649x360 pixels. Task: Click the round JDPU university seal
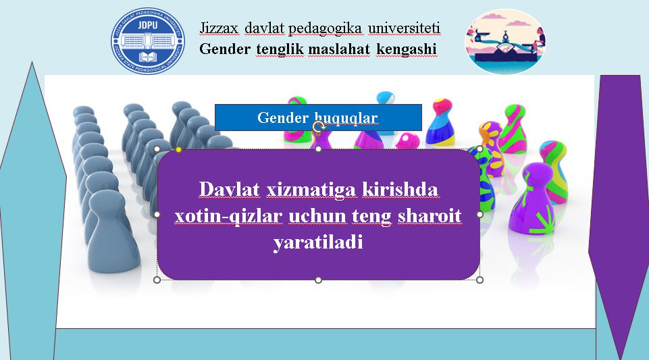pos(148,41)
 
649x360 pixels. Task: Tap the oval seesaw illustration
pos(505,41)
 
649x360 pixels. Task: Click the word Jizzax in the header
pos(219,28)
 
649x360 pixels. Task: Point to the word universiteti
pos(404,28)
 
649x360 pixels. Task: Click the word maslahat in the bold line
pos(338,49)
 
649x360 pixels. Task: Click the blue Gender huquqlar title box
pos(318,118)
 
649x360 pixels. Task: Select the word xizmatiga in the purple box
pos(311,190)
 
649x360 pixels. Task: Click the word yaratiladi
pos(318,242)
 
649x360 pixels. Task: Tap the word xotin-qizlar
pos(228,216)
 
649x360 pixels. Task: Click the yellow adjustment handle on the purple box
pos(178,149)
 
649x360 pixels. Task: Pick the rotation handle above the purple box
pos(318,126)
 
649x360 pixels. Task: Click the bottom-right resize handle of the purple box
pos(479,280)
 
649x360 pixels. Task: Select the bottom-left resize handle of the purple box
pos(157,280)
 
